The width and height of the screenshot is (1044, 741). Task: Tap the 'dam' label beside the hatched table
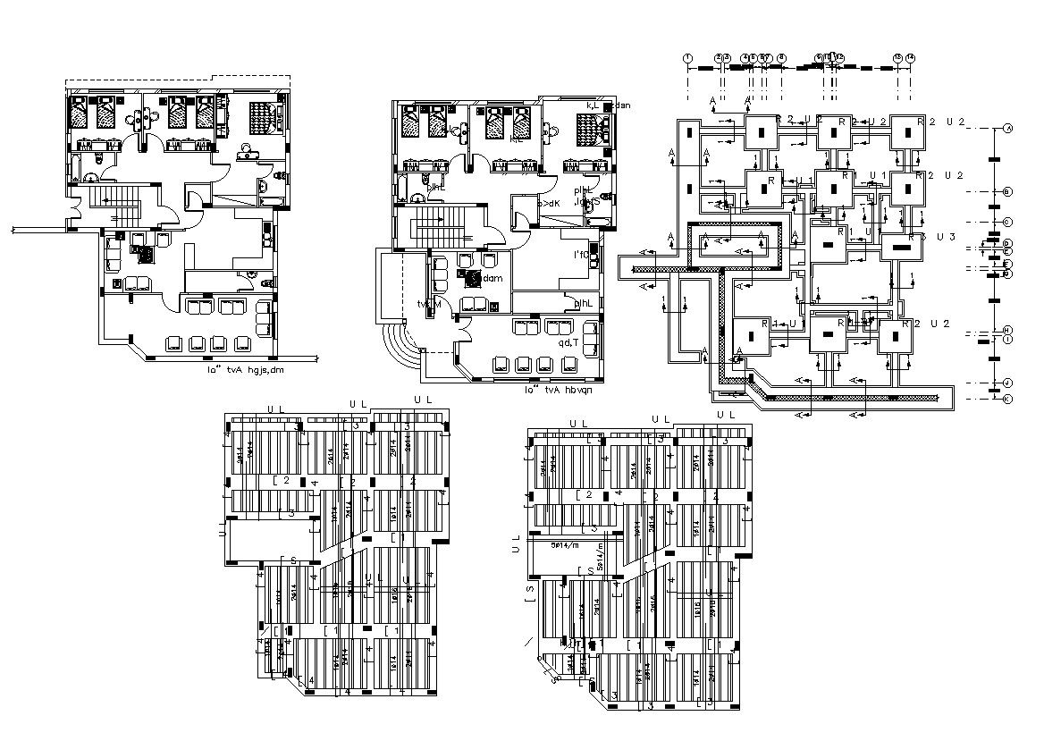[493, 279]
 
